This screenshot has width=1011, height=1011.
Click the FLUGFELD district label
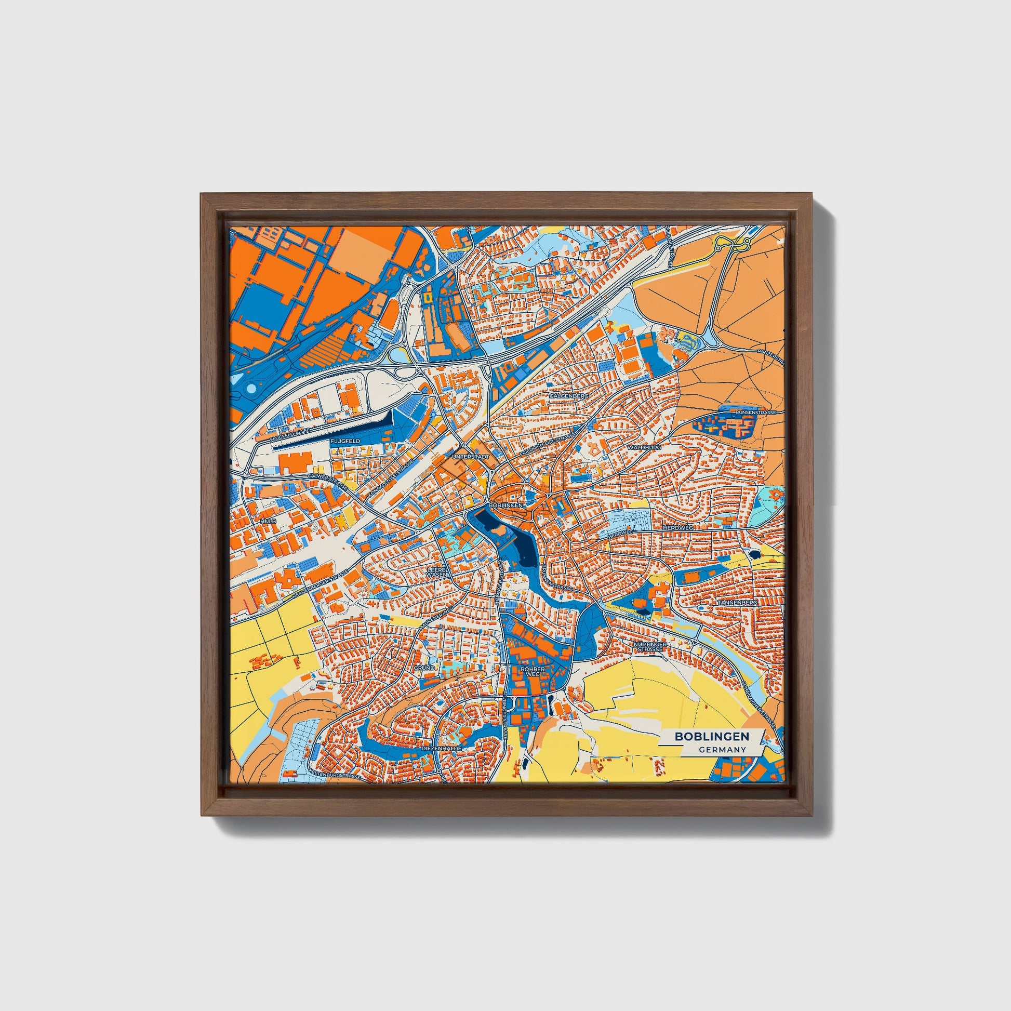[345, 441]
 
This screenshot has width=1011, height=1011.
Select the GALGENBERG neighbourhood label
[569, 396]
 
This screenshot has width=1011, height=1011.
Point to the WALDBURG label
[645, 448]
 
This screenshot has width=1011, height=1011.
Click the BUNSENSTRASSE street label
[751, 413]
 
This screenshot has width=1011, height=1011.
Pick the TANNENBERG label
[738, 603]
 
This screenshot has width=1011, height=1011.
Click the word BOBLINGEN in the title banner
[711, 736]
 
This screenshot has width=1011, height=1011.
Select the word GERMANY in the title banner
[722, 750]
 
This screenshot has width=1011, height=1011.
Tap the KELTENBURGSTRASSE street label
[335, 774]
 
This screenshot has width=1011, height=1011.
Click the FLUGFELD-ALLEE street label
[290, 432]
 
